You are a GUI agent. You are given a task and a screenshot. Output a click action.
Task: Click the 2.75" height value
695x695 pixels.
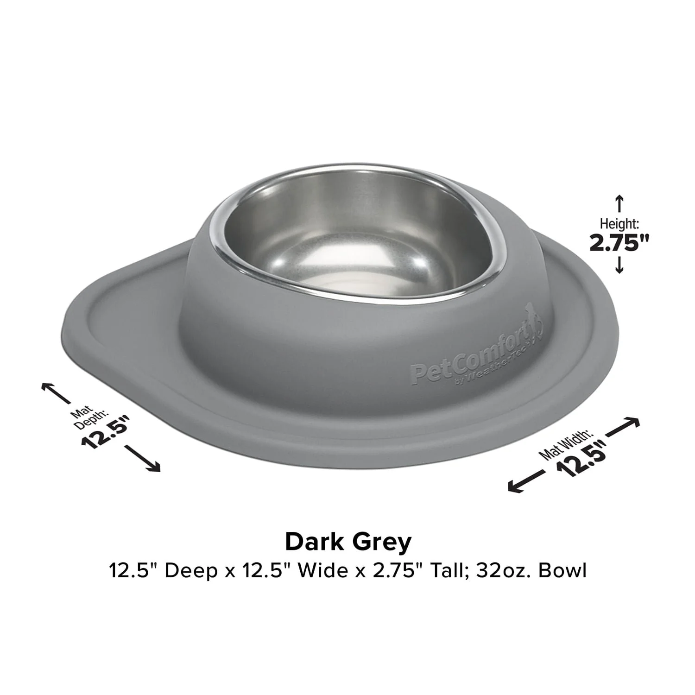619,242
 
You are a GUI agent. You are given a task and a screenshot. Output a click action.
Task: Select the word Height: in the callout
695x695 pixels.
619,224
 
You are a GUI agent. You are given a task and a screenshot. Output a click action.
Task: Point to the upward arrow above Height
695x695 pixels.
619,204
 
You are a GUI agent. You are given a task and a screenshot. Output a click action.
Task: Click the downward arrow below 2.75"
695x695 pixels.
619,265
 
